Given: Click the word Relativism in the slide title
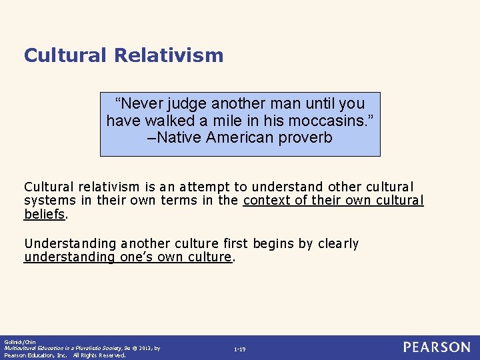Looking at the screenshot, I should (169, 55).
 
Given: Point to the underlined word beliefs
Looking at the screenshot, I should (45, 215).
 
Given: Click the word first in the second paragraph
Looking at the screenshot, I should (236, 243).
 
